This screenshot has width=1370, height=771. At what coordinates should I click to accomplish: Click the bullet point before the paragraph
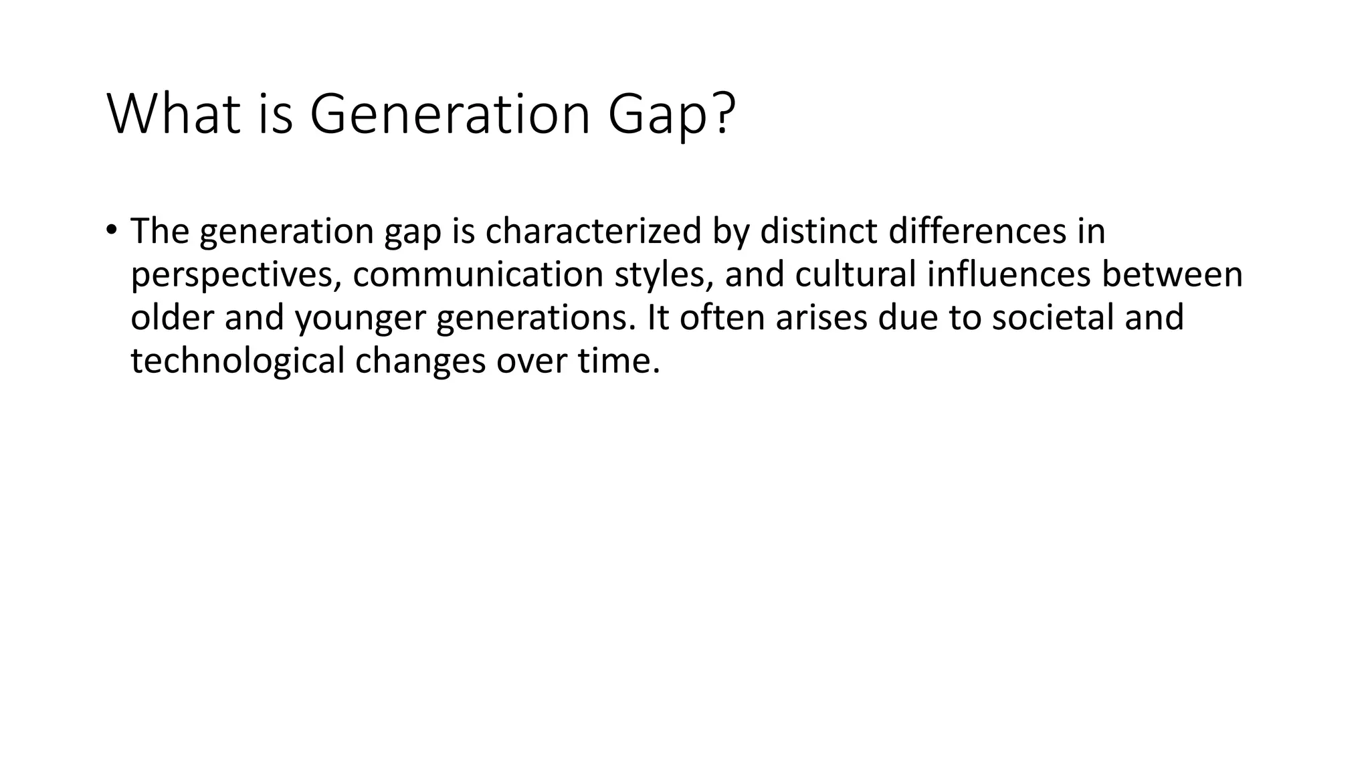[x=111, y=230]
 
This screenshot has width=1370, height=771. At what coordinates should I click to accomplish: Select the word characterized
[x=593, y=231]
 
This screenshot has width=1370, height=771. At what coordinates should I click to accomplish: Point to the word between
[x=1172, y=274]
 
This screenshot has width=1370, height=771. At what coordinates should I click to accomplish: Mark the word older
[x=172, y=317]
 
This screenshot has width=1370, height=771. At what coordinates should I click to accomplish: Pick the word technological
[x=237, y=361]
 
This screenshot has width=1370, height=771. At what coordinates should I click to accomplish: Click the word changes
[x=420, y=361]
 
